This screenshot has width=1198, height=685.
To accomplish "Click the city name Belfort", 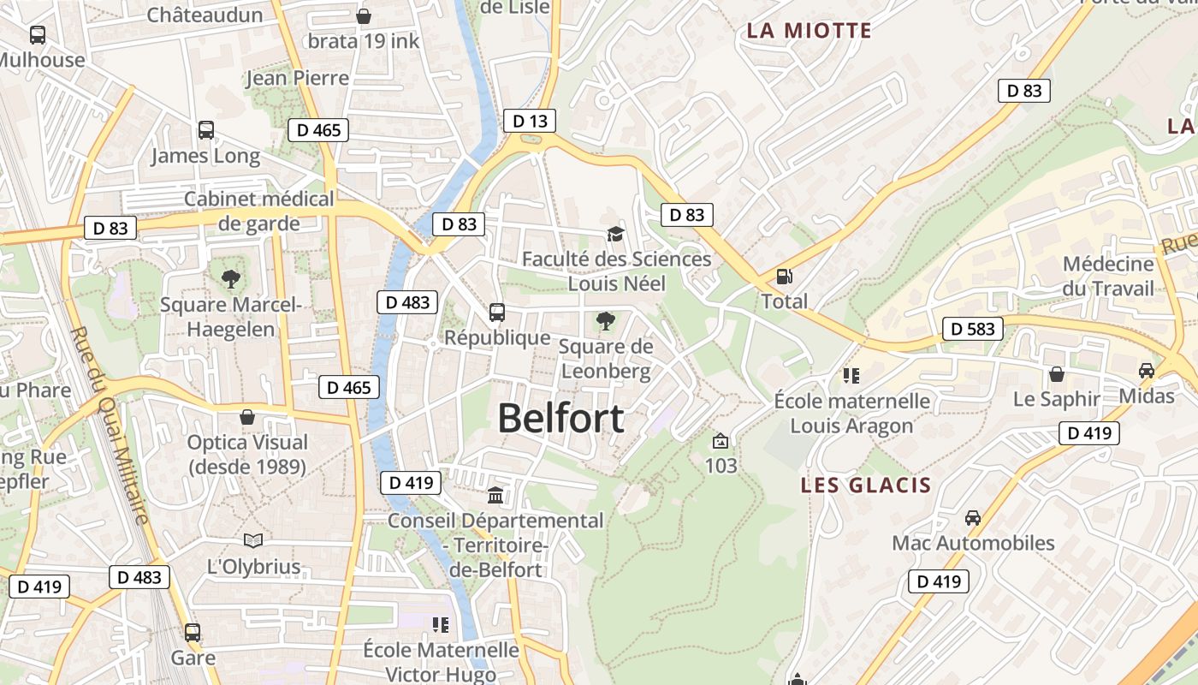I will click(x=560, y=419).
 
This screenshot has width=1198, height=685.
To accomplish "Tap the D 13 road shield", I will click(x=530, y=121).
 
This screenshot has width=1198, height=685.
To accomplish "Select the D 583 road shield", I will click(x=973, y=328).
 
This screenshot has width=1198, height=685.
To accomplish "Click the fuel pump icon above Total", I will click(x=784, y=277).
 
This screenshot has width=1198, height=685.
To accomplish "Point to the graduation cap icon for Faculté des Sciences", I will click(x=614, y=234).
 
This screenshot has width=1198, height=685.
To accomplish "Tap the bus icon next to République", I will click(x=497, y=313).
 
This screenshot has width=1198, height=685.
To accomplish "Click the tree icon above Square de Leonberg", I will click(x=606, y=321).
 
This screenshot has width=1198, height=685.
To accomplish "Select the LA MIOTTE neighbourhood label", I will click(x=809, y=31).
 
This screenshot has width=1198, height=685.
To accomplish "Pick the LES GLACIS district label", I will click(x=865, y=485).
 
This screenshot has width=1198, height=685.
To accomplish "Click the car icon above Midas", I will click(x=1146, y=371).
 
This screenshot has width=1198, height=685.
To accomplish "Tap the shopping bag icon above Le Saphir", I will click(x=1057, y=374).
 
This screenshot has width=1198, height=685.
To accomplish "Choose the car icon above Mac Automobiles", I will click(x=973, y=517).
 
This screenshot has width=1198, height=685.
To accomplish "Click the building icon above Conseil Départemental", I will click(x=495, y=495).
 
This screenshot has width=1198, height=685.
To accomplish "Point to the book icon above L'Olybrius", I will click(x=253, y=540).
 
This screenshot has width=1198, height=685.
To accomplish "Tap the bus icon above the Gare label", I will click(x=193, y=633).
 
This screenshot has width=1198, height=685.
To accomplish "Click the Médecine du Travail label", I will click(x=1108, y=276).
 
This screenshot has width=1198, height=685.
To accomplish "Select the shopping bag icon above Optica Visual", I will click(x=247, y=417).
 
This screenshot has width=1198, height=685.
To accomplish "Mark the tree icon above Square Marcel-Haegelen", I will click(x=230, y=278).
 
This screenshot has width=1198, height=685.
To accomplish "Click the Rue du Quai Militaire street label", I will click(x=110, y=424).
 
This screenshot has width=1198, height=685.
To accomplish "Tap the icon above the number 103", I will click(x=721, y=441).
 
